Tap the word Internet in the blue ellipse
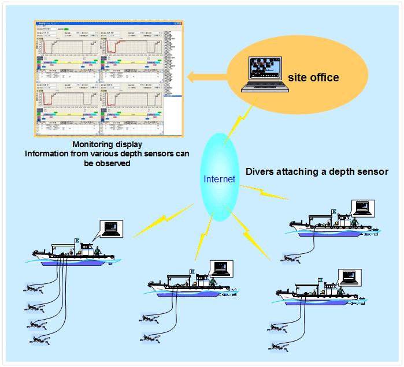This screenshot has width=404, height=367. [220, 179]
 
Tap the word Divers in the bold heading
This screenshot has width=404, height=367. [260, 171]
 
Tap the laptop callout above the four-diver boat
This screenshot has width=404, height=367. [111, 229]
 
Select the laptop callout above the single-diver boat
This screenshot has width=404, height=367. [363, 208]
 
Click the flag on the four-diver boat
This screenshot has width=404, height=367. [77, 240]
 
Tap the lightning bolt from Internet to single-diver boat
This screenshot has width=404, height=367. [264, 190]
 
